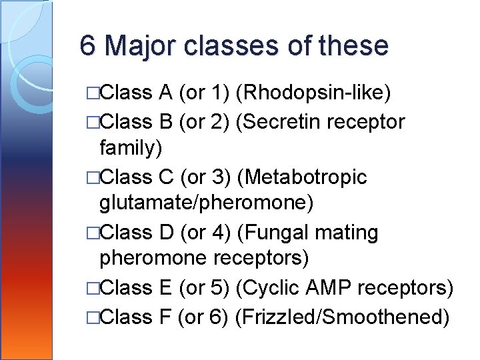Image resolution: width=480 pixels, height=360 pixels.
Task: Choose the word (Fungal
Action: click(x=272, y=233)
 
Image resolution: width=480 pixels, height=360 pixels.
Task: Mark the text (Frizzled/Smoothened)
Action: click(x=342, y=316)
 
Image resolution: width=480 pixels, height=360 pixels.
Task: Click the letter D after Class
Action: click(x=166, y=233)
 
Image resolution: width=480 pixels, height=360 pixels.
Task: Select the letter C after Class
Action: click(x=167, y=178)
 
